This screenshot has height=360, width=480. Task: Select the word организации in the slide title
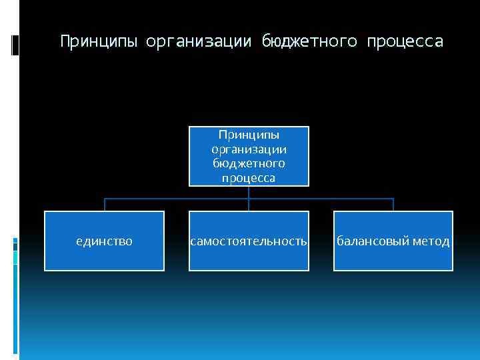pos(199,42)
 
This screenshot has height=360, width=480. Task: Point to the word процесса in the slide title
pos(403,42)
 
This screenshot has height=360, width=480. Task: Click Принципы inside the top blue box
pos(249,135)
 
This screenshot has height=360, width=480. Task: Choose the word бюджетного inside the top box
pos(249,163)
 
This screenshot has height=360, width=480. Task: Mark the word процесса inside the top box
pos(249,178)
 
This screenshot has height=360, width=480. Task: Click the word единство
pos(105,241)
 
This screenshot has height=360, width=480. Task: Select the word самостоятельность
pos(249,241)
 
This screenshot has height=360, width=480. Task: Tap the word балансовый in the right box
pos(369,241)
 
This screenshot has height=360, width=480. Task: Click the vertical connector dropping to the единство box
pos(105,205)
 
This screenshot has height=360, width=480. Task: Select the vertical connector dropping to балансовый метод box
pos(393,205)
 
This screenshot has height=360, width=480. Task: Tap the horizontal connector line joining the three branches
pos(177,199)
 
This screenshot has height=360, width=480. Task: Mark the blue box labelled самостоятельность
pos(249,258)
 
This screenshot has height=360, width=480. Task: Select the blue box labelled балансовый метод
pos(393,258)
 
